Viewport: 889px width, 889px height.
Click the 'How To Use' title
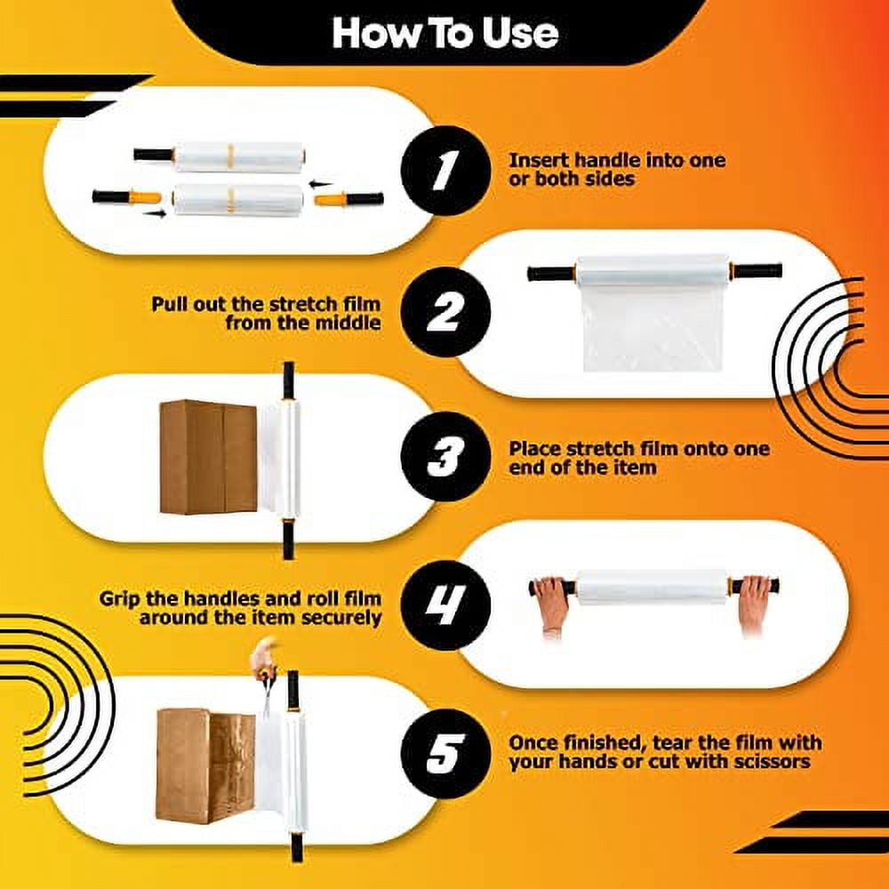point(444,33)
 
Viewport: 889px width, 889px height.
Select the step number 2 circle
point(444,312)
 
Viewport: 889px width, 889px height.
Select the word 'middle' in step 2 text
point(349,323)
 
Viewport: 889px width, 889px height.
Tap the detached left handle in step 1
point(127,196)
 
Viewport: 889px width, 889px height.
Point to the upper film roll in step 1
point(238,156)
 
